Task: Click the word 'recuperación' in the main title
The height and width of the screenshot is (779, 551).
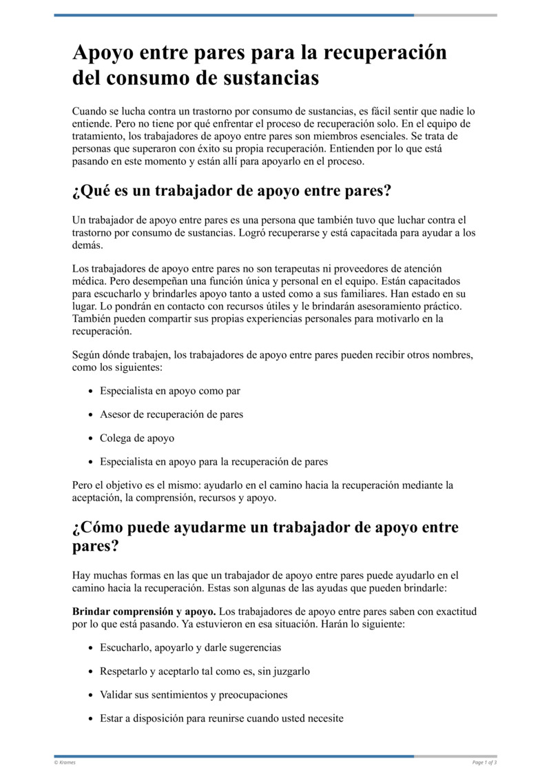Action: pyautogui.click(x=382, y=53)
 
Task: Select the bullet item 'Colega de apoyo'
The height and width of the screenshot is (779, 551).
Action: pyautogui.click(x=137, y=438)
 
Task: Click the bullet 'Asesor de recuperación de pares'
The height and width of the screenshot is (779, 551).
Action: pyautogui.click(x=171, y=414)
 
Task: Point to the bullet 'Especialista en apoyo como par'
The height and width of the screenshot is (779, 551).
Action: pyautogui.click(x=170, y=391)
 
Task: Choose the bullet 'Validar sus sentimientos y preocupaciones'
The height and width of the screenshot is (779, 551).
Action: pyautogui.click(x=194, y=694)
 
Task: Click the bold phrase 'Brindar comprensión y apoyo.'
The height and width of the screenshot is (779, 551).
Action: pyautogui.click(x=144, y=611)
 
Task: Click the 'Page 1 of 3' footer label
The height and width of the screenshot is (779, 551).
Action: pyautogui.click(x=484, y=762)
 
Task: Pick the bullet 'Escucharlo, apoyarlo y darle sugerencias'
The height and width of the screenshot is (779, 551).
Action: pyautogui.click(x=191, y=647)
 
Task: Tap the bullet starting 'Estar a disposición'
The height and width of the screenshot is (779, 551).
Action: pyautogui.click(x=222, y=718)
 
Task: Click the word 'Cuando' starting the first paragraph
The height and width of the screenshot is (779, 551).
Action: pyautogui.click(x=88, y=111)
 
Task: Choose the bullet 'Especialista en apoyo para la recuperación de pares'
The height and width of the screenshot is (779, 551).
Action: pyautogui.click(x=214, y=461)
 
